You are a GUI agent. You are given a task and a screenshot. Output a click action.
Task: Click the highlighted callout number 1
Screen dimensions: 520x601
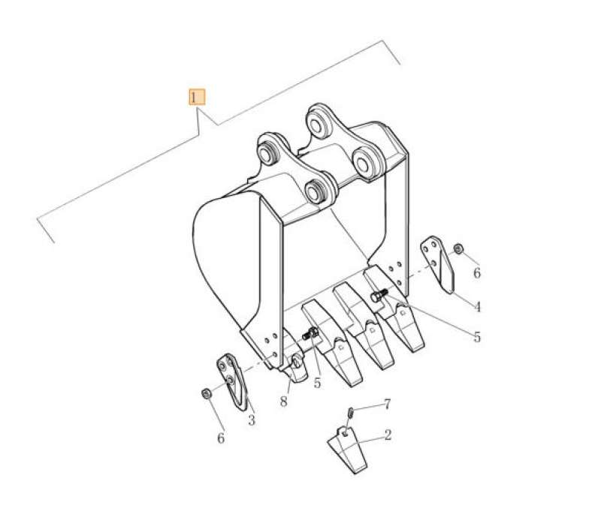tap(195, 98)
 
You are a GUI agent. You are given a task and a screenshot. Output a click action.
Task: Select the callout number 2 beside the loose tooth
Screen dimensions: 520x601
tap(387, 434)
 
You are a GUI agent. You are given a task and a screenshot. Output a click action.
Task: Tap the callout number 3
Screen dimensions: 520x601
tap(251, 420)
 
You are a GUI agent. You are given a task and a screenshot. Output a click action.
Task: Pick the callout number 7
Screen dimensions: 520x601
tap(387, 404)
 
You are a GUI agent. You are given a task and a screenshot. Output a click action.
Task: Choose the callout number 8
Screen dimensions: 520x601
tap(283, 401)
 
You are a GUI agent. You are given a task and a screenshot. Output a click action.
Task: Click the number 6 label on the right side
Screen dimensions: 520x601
tap(476, 274)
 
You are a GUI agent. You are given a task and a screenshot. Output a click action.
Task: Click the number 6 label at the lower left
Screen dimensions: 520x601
tap(220, 437)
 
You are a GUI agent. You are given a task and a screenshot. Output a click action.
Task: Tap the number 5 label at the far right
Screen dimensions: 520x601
tap(476, 337)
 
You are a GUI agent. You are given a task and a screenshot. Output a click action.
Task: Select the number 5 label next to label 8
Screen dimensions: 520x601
tap(317, 383)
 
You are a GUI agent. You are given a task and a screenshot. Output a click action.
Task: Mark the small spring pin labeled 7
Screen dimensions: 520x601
tap(351, 410)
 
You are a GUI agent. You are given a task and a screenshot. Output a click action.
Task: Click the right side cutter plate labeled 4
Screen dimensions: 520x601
tap(439, 265)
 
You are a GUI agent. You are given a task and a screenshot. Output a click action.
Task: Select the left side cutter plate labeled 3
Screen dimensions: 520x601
tap(233, 381)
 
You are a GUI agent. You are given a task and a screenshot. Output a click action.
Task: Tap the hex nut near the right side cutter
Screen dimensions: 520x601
tap(458, 248)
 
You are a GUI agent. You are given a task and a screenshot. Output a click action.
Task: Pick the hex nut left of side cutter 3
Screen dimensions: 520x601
tap(204, 392)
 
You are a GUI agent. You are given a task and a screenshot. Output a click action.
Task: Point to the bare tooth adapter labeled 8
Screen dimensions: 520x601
tap(295, 368)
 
